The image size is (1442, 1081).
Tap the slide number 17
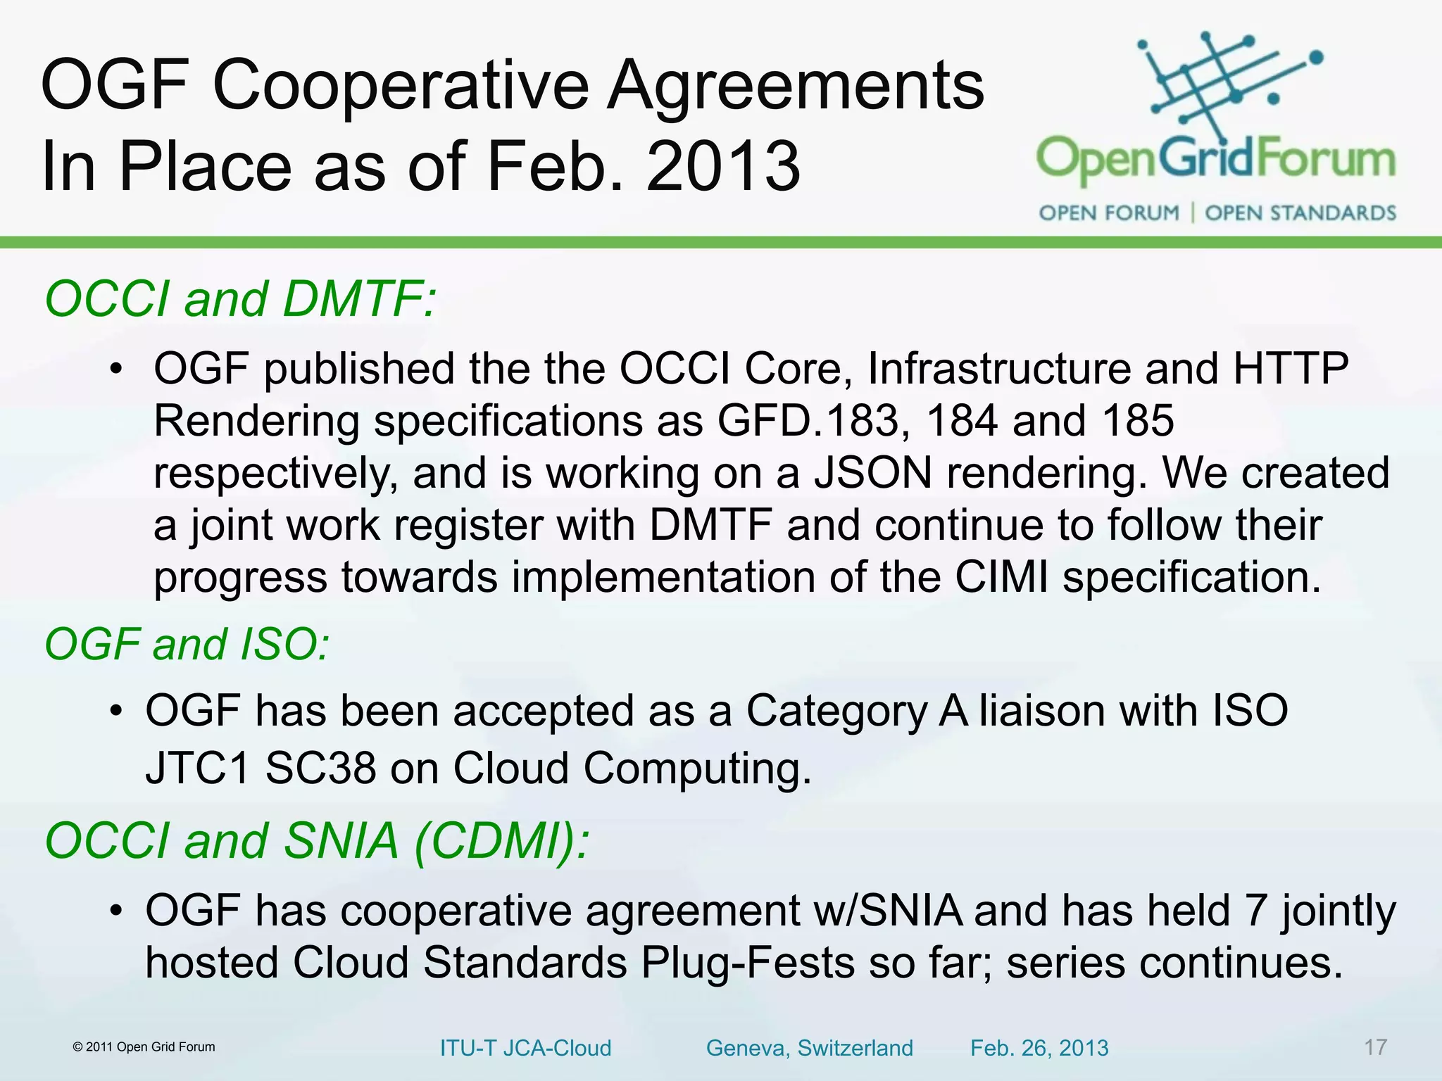(x=1375, y=1047)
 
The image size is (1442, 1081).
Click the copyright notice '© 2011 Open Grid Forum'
(x=144, y=1047)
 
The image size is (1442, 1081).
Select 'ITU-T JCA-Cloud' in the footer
(x=525, y=1048)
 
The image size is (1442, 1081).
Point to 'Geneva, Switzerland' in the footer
(x=809, y=1048)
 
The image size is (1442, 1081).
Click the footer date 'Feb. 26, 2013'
(x=1039, y=1048)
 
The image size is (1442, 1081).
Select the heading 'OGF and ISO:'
(x=187, y=644)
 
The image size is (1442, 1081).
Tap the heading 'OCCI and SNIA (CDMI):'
(x=316, y=841)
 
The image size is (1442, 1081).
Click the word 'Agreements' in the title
(x=795, y=86)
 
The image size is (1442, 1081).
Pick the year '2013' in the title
(x=723, y=167)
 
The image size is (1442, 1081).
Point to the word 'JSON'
(x=873, y=473)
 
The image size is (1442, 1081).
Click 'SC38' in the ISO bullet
(x=320, y=768)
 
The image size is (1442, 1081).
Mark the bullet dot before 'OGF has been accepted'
(x=117, y=711)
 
